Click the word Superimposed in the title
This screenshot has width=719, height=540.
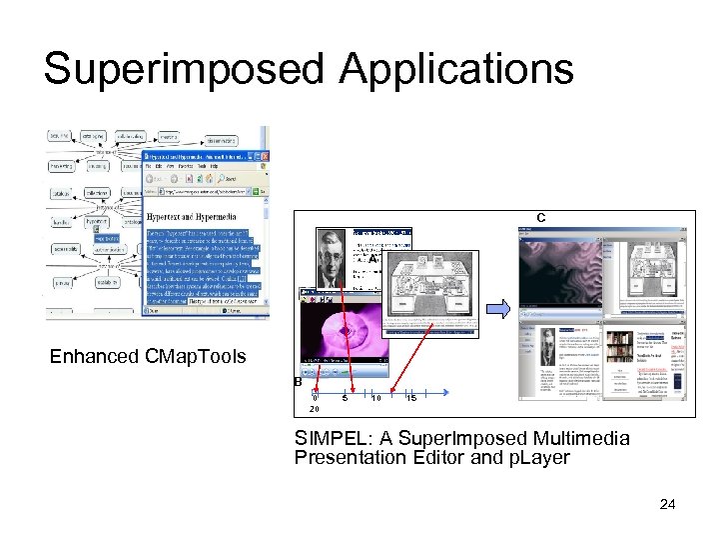pyautogui.click(x=183, y=70)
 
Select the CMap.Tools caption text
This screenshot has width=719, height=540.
pyautogui.click(x=196, y=357)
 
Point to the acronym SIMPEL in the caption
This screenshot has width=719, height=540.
pyautogui.click(x=327, y=438)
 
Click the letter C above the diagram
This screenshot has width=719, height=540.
pyautogui.click(x=540, y=217)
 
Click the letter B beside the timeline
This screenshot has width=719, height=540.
pyautogui.click(x=298, y=382)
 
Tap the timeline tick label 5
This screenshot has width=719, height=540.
pyautogui.click(x=346, y=398)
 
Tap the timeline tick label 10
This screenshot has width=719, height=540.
pyautogui.click(x=375, y=398)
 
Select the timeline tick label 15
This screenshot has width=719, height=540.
pyautogui.click(x=410, y=398)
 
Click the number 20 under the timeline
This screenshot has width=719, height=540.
pyautogui.click(x=315, y=409)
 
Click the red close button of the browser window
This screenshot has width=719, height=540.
pyautogui.click(x=264, y=158)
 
